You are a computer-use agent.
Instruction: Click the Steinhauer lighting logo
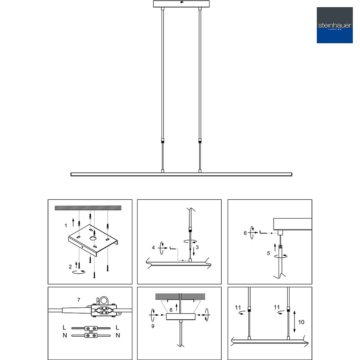[x=334, y=25]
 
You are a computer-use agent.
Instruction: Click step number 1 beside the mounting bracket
[x=66, y=226]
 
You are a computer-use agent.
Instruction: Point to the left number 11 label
[x=238, y=307]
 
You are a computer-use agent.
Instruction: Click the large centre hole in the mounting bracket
[x=93, y=238]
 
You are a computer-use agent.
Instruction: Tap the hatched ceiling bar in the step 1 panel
[x=88, y=208]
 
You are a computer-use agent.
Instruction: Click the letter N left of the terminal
[x=65, y=336]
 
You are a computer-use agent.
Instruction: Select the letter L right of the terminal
[x=117, y=327]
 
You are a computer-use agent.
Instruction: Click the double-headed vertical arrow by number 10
[x=294, y=321]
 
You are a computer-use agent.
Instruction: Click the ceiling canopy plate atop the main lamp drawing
[x=181, y=4]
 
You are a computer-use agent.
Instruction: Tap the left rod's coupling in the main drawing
[x=163, y=141]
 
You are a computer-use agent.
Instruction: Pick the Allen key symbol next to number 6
[x=263, y=232]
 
